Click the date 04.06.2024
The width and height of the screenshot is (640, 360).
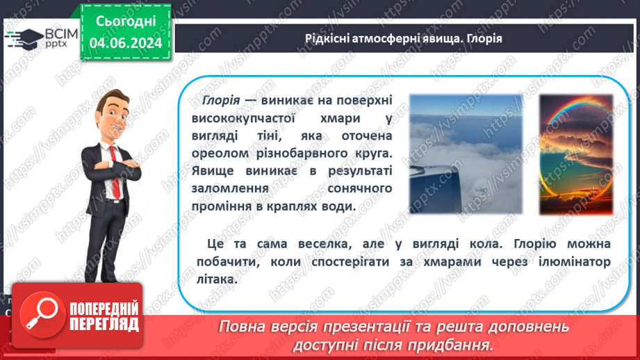pos(126,43)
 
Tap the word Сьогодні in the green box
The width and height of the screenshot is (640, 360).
pos(126,21)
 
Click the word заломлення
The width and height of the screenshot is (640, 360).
pos(225,189)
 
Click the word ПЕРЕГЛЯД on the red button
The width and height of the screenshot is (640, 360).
pos(104,323)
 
